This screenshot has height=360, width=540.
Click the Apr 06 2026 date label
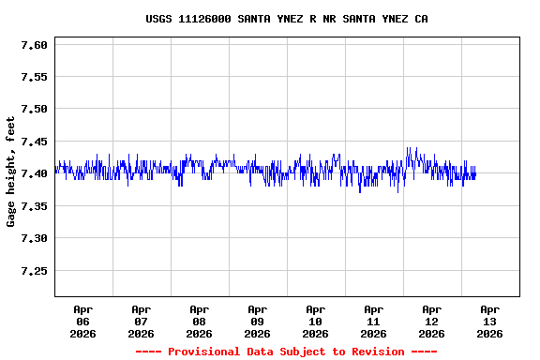83,321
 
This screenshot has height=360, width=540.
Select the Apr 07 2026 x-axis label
142,321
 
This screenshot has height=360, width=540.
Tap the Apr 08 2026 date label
200,321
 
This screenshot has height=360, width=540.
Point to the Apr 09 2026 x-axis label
258,321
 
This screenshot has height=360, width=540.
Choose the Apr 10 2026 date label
316,321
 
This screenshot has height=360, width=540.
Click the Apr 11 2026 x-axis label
374,321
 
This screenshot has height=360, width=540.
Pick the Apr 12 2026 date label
432,321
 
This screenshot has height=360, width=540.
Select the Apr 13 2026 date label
489,321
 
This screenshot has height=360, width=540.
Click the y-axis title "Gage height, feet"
11,172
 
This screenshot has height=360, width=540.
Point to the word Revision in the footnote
375,352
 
